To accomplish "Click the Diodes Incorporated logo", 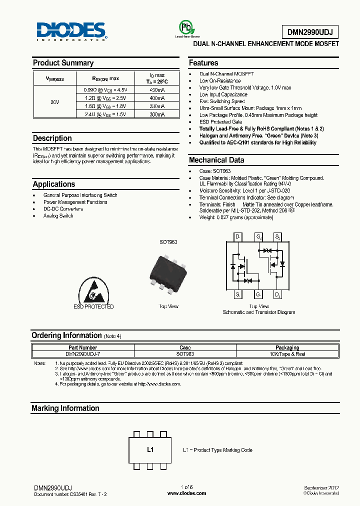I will (x=70, y=31).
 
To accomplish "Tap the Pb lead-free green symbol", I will (x=185, y=27).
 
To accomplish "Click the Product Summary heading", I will (x=63, y=63).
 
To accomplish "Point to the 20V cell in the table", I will (x=55, y=102).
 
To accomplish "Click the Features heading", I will (x=203, y=63).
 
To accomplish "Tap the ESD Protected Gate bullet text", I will (x=220, y=122).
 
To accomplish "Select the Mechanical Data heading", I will (x=216, y=160).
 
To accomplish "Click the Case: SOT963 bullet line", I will (x=214, y=171).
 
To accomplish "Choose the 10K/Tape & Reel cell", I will (x=287, y=353).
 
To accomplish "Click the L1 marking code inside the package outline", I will (x=150, y=450).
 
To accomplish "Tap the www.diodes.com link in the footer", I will (x=186, y=493).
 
